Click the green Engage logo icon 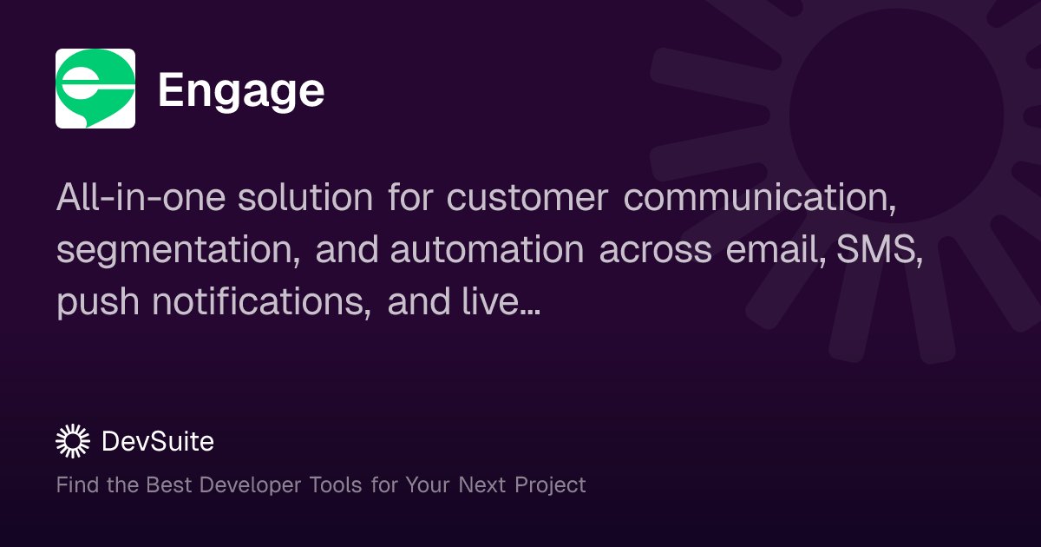tap(95, 89)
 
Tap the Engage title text tap(241, 90)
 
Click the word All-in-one tap(141, 198)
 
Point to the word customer tap(527, 198)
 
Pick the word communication tap(760, 198)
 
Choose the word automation tap(487, 250)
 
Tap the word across tap(656, 250)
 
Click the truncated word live tap(506, 302)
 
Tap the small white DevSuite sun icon tap(73, 442)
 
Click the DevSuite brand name tap(157, 442)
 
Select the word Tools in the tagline tap(336, 484)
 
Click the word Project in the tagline tap(550, 484)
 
